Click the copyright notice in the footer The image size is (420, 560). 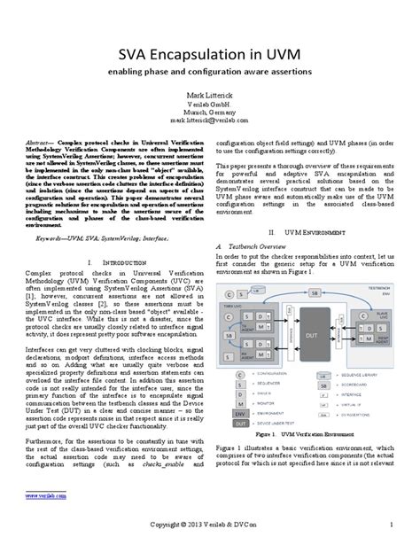[x=210, y=550]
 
